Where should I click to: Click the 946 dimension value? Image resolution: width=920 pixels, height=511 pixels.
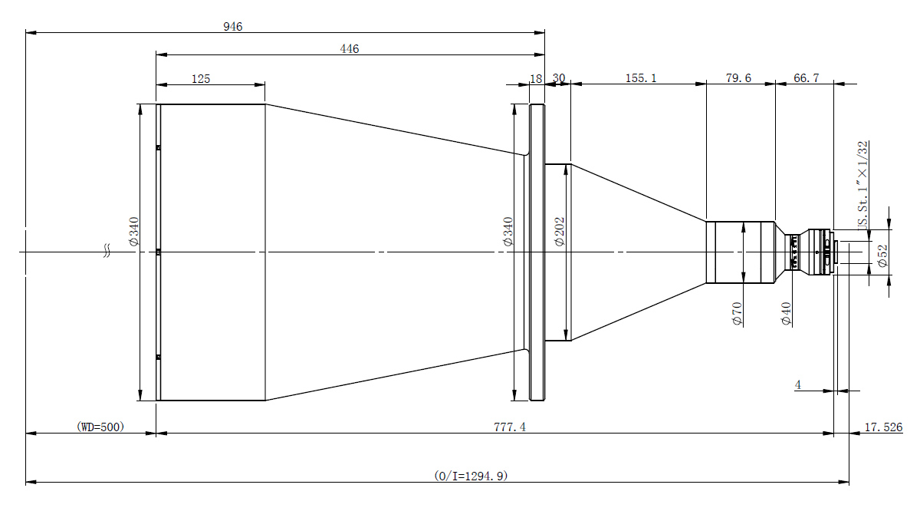pos(233,27)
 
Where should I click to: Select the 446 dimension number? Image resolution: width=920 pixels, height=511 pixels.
pos(350,49)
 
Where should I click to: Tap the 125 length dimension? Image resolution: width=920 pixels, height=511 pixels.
pos(201,78)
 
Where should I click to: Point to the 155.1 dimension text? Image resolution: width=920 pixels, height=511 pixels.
pos(641,78)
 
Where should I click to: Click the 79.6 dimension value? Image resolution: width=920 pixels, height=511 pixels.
pos(738,78)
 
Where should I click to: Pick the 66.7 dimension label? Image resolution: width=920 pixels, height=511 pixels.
pos(807,78)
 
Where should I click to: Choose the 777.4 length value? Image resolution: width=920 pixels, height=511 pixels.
pos(510,427)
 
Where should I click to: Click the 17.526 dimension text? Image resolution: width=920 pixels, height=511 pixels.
pos(883,427)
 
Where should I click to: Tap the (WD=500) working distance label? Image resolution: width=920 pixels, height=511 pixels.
pos(100,427)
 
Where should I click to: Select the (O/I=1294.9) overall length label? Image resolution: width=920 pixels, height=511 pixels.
pos(471,476)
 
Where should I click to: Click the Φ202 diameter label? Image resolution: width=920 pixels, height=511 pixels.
pos(560,232)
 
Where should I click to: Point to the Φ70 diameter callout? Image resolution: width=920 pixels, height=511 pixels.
pos(738,314)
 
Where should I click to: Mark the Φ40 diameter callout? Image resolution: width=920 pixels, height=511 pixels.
pos(786,314)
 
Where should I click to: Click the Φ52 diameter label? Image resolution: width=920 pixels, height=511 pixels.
pos(882,255)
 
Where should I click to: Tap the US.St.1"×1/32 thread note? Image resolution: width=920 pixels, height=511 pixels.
pos(863,185)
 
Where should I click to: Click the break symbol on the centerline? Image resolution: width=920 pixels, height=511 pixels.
pos(107,251)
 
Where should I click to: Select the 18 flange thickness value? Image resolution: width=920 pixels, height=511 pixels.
pos(536,78)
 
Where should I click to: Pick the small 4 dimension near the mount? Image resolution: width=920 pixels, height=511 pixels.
pos(797,385)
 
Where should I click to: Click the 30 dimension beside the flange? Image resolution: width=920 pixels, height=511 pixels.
pos(559,78)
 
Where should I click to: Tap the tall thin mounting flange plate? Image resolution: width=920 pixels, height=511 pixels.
pos(537,252)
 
